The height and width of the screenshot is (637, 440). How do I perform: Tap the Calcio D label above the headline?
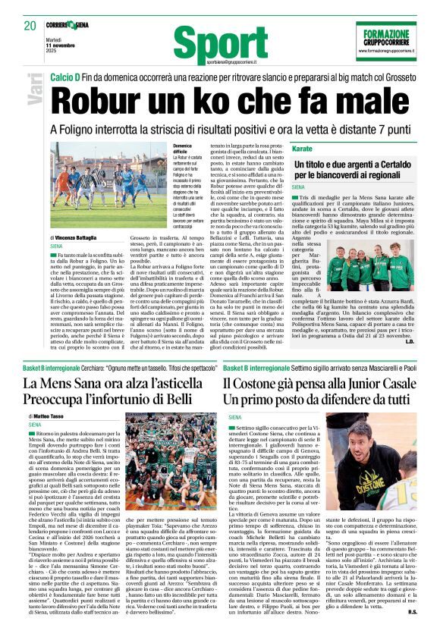point(66,77)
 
